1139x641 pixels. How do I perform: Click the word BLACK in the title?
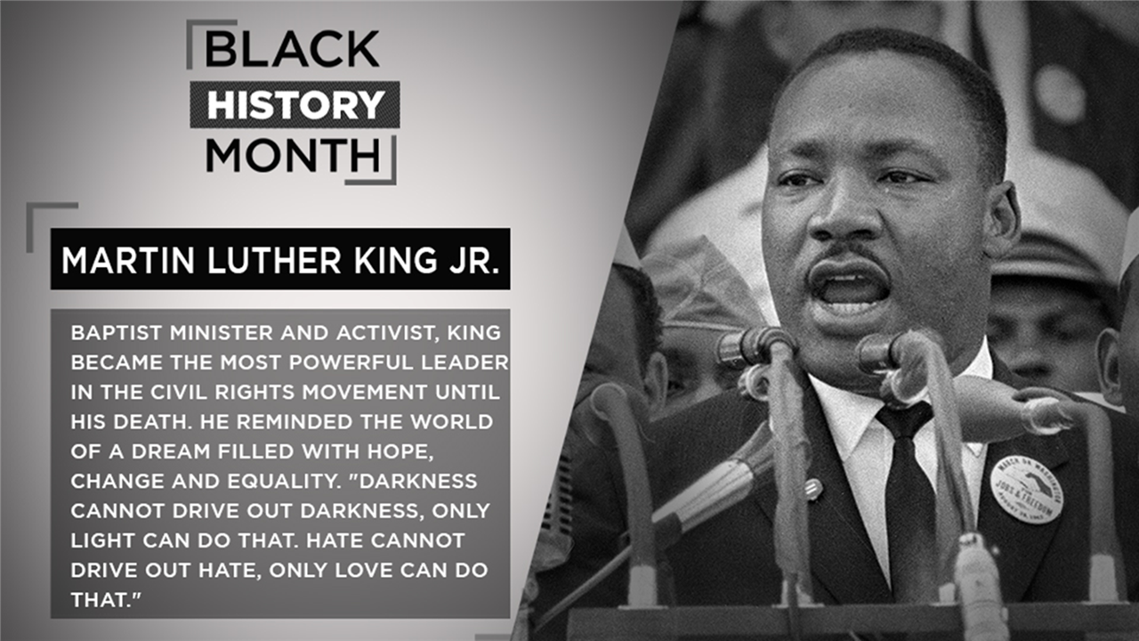pyautogui.click(x=292, y=49)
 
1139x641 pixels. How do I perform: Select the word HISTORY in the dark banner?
pyautogui.click(x=295, y=105)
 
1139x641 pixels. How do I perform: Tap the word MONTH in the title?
pyautogui.click(x=293, y=155)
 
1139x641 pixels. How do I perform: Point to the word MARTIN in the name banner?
pyautogui.click(x=128, y=260)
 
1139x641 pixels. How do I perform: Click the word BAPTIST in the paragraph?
pyautogui.click(x=117, y=333)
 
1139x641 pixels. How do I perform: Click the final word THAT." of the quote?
pyautogui.click(x=105, y=600)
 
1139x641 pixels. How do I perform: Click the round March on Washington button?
pyautogui.click(x=1027, y=489)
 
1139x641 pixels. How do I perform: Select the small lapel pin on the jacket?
pyautogui.click(x=813, y=489)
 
